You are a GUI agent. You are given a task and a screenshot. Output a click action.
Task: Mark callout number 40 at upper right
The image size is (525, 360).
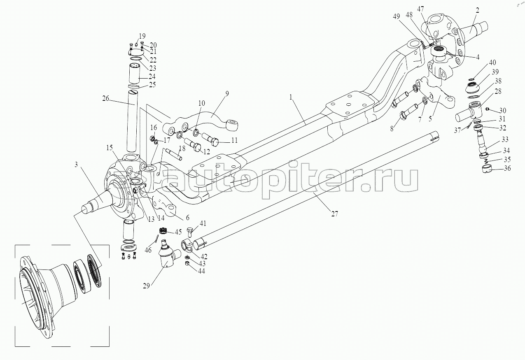492,63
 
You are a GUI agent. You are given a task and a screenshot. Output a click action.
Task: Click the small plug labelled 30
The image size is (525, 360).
487,109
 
